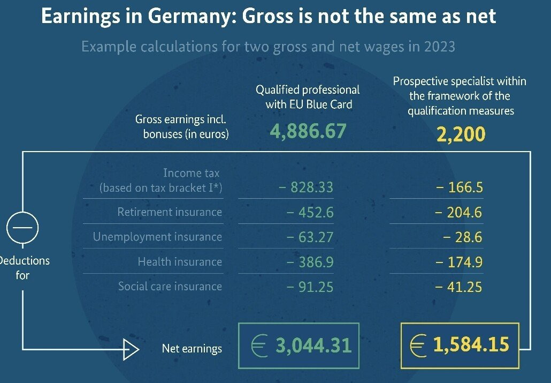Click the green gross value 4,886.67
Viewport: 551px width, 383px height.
(x=308, y=131)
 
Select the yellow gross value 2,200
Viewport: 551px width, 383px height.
(x=461, y=134)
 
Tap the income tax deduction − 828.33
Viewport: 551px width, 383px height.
(x=306, y=187)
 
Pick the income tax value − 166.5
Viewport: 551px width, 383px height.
(x=458, y=187)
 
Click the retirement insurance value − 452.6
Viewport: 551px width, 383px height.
(x=310, y=213)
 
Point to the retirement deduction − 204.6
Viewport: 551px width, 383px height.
(x=458, y=213)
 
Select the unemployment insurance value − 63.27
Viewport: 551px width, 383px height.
(x=310, y=237)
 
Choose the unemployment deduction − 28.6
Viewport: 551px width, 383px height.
(x=463, y=237)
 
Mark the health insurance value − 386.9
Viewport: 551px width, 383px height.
(x=310, y=262)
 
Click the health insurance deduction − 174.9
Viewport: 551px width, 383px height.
(x=458, y=262)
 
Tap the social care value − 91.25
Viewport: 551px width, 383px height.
(x=310, y=287)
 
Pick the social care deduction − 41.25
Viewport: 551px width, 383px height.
(x=458, y=287)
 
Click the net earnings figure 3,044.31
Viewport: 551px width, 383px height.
(x=313, y=346)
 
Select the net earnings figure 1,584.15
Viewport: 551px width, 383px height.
(x=471, y=344)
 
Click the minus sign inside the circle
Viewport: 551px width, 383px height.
(x=22, y=228)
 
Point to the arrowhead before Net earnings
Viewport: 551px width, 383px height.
(x=131, y=349)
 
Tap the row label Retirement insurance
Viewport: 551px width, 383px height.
(x=170, y=212)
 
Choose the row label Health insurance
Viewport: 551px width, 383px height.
(x=180, y=262)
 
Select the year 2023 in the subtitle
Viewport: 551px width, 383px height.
(x=438, y=47)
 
